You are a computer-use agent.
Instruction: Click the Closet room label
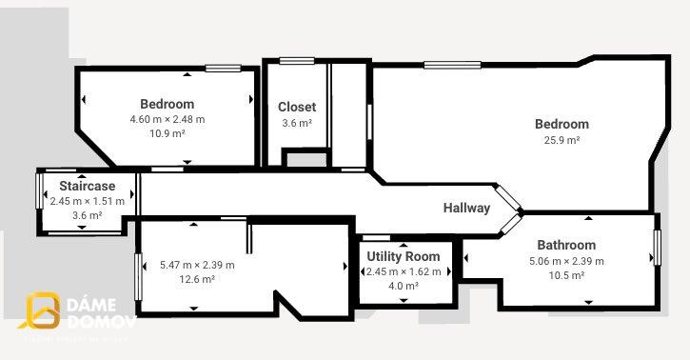click(x=297, y=107)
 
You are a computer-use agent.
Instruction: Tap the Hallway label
click(x=466, y=208)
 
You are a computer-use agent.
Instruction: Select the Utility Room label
click(x=404, y=256)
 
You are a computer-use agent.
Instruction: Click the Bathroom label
click(x=566, y=245)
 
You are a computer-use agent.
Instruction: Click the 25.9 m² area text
click(x=562, y=139)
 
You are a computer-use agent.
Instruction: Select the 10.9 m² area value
click(x=167, y=134)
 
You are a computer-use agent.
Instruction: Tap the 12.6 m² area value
click(x=197, y=279)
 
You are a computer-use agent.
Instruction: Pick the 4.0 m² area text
click(x=404, y=286)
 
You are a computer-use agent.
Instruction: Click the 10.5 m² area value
click(x=566, y=275)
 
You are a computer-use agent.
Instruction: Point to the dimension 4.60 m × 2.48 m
click(x=167, y=119)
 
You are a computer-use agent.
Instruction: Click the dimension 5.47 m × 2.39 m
click(x=197, y=264)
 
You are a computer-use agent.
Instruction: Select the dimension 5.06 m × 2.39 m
click(x=566, y=260)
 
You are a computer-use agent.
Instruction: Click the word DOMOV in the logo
click(x=102, y=322)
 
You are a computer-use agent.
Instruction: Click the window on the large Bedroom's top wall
click(x=452, y=65)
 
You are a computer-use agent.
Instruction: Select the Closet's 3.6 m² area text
click(x=297, y=123)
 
